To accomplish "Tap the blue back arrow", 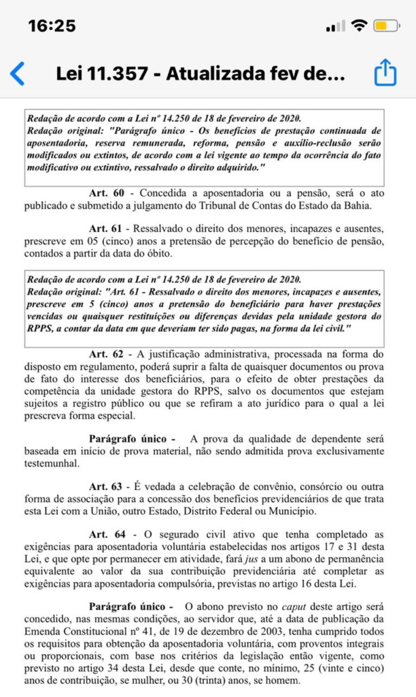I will click(x=18, y=73).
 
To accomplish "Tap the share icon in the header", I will click(x=385, y=73).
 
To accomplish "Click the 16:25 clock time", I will click(x=52, y=26).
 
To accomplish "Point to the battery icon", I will click(x=385, y=27).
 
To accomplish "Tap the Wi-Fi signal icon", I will click(x=358, y=26).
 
